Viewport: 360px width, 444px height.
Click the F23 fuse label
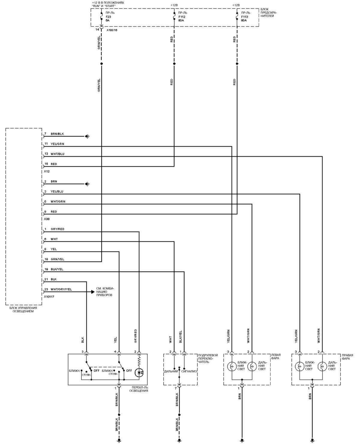click(x=108, y=17)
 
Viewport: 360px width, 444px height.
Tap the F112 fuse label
click(x=181, y=17)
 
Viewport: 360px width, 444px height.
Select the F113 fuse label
click(x=244, y=17)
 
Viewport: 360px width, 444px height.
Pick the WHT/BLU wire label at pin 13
click(x=58, y=154)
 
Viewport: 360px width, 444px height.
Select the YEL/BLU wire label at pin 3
click(x=57, y=192)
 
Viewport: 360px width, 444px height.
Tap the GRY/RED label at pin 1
click(x=57, y=229)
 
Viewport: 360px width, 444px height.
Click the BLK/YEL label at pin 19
click(x=57, y=269)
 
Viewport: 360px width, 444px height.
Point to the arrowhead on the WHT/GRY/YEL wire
click(x=93, y=292)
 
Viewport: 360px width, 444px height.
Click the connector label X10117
click(x=49, y=297)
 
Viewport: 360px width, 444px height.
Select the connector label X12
click(x=47, y=171)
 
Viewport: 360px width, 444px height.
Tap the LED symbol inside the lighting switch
click(x=139, y=373)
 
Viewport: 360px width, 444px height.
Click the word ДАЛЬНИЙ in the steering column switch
click(x=171, y=371)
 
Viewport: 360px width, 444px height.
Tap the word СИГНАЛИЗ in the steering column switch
click(x=189, y=371)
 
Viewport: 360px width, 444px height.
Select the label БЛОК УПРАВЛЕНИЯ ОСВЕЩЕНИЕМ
click(x=23, y=310)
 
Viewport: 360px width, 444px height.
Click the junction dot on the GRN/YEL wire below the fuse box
click(x=102, y=64)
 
